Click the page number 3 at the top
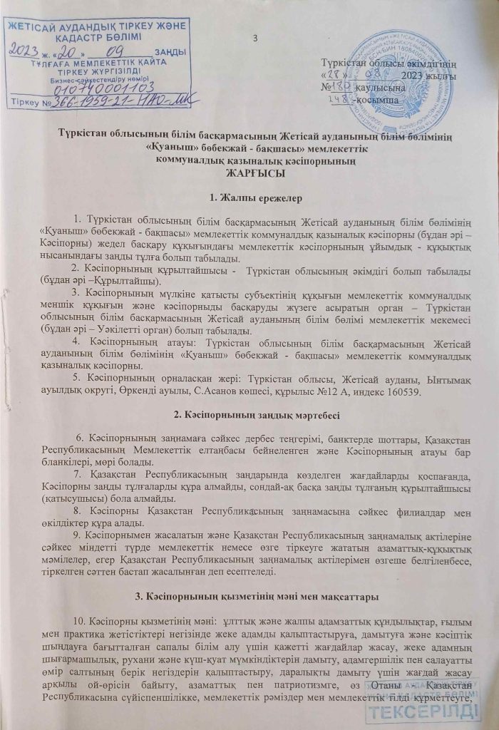click(x=254, y=38)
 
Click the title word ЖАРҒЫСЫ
click(x=249, y=173)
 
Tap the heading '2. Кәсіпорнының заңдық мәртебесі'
click(x=249, y=415)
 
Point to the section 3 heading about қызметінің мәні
click(x=249, y=594)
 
